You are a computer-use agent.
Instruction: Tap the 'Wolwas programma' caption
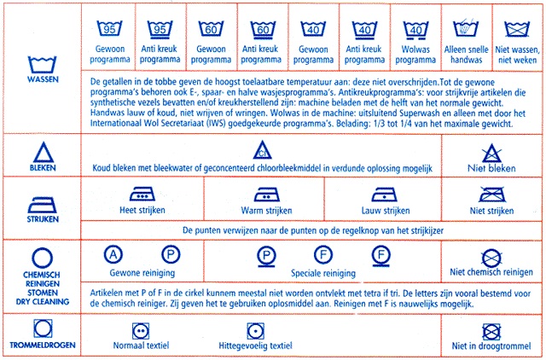[415, 56]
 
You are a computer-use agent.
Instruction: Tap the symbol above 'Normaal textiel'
[141, 329]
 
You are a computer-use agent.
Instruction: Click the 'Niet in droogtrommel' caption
[491, 346]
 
